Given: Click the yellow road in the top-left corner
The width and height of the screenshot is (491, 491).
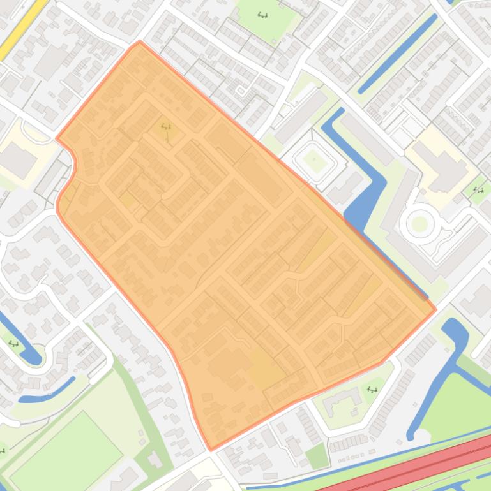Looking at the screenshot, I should [x=23, y=28].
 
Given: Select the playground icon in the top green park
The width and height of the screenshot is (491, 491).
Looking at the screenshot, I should [x=262, y=15].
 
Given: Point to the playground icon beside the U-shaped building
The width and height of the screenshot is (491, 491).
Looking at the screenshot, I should [x=372, y=389].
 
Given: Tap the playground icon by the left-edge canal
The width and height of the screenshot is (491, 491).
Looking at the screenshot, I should [x=13, y=344].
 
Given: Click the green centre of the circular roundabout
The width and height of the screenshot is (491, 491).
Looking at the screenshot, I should [x=419, y=224].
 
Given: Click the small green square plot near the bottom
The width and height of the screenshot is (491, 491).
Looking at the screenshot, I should [x=317, y=456].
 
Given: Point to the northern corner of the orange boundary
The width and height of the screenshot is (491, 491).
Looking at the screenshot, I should [x=140, y=43].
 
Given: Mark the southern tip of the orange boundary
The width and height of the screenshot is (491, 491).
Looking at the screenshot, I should [x=211, y=449].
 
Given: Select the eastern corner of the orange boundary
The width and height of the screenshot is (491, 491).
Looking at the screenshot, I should [x=435, y=311].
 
